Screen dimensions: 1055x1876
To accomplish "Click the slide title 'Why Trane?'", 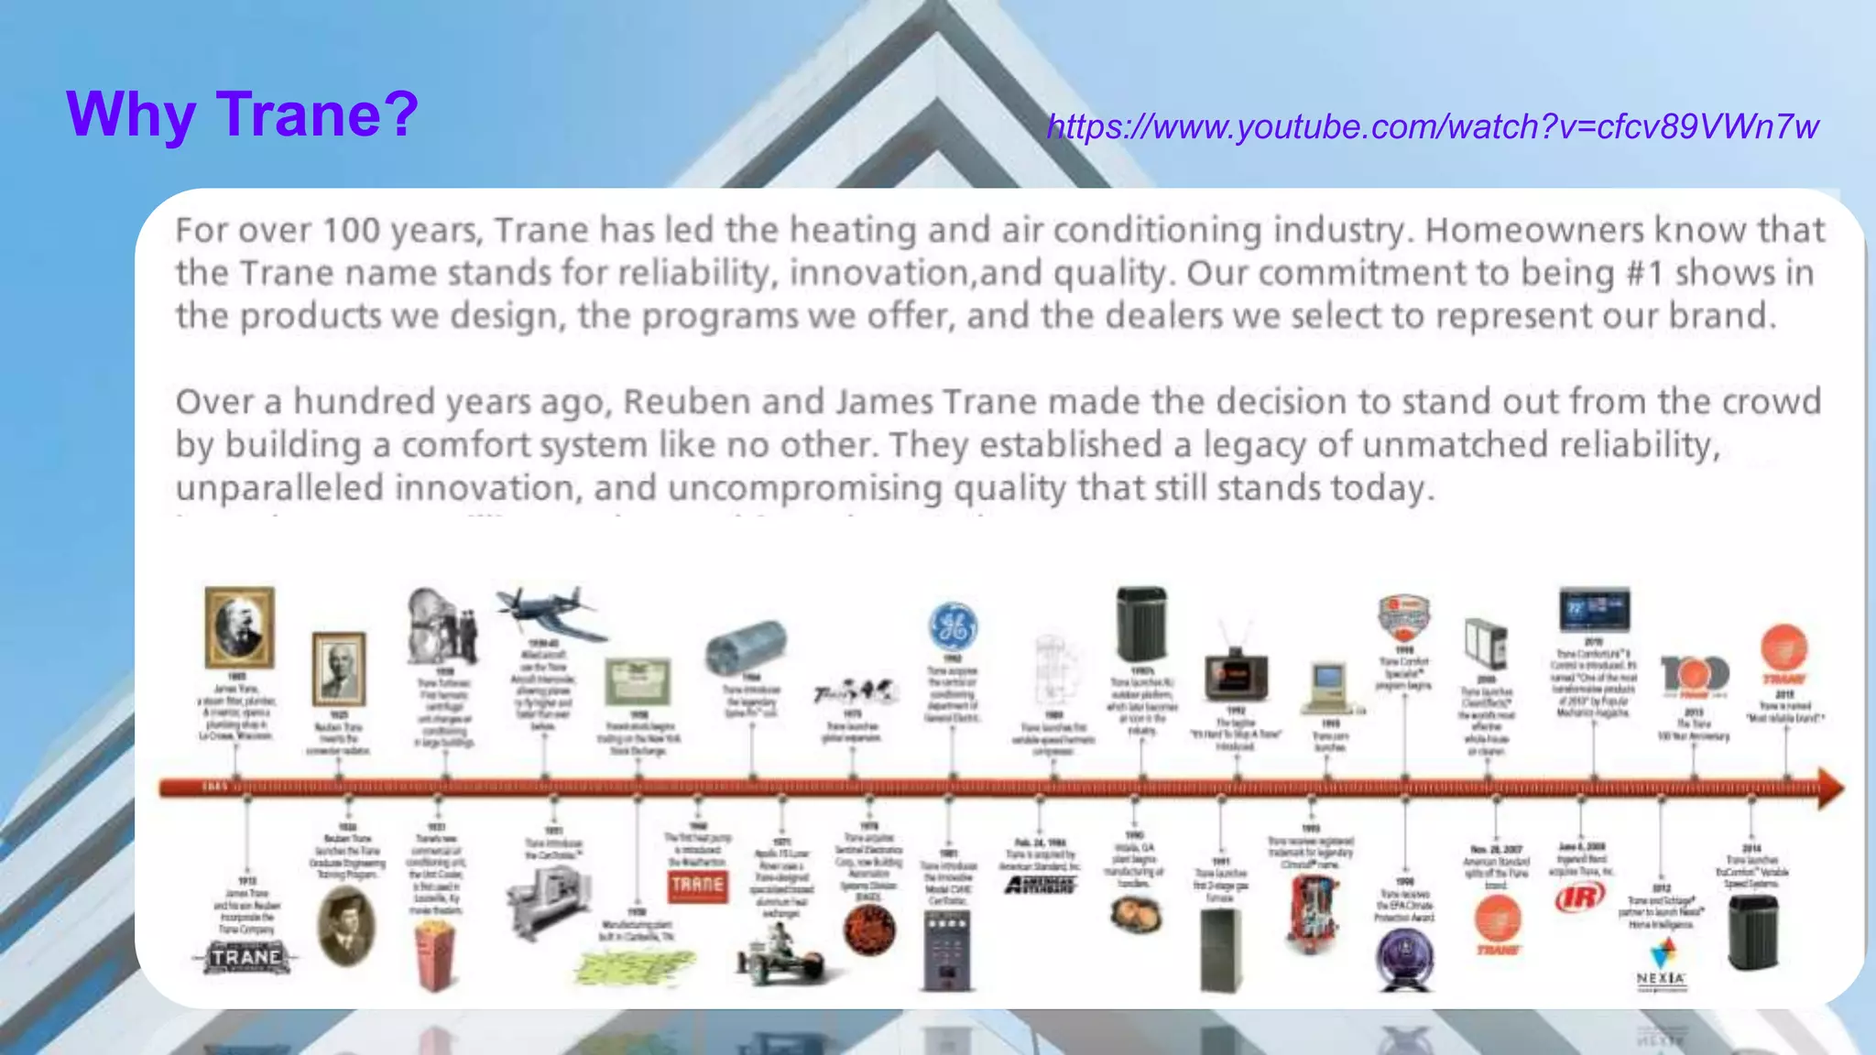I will pos(242,114).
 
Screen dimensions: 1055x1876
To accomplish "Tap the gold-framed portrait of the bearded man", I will pos(239,627).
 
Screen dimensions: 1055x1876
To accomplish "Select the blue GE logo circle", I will pos(953,627).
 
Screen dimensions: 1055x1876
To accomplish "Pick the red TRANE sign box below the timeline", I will pos(698,886).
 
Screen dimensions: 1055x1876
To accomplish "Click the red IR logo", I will pos(1580,897).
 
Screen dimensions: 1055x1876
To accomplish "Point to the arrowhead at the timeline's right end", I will pos(1830,788).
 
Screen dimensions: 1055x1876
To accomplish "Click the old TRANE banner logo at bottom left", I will pos(245,958).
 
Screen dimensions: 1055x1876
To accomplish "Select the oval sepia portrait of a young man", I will pos(346,926).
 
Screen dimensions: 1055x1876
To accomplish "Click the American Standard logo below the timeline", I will pos(1040,885).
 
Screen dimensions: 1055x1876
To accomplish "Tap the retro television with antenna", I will pos(1236,673).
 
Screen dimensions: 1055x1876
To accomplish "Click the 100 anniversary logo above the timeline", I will pos(1695,675).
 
